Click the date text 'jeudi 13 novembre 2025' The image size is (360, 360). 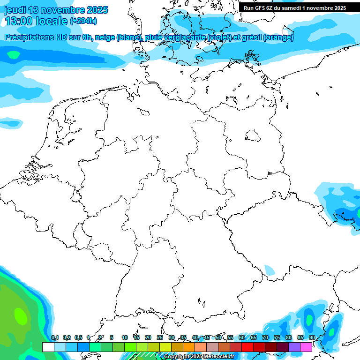(x=56, y=10)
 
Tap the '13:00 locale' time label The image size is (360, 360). (x=35, y=21)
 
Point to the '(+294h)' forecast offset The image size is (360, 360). (x=83, y=21)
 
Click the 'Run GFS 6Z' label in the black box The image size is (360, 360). (x=261, y=8)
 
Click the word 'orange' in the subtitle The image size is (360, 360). (x=278, y=38)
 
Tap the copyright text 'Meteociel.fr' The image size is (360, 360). (x=218, y=357)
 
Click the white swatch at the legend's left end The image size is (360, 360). (x=48, y=347)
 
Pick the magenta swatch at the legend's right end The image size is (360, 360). (x=306, y=347)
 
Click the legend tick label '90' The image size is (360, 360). (x=312, y=338)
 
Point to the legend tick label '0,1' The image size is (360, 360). (x=54, y=338)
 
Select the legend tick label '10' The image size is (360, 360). (x=125, y=338)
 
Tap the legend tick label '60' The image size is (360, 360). (x=241, y=338)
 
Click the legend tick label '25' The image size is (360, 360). (x=160, y=338)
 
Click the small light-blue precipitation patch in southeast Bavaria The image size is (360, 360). (x=270, y=270)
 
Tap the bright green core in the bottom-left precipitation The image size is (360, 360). (x=20, y=315)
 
